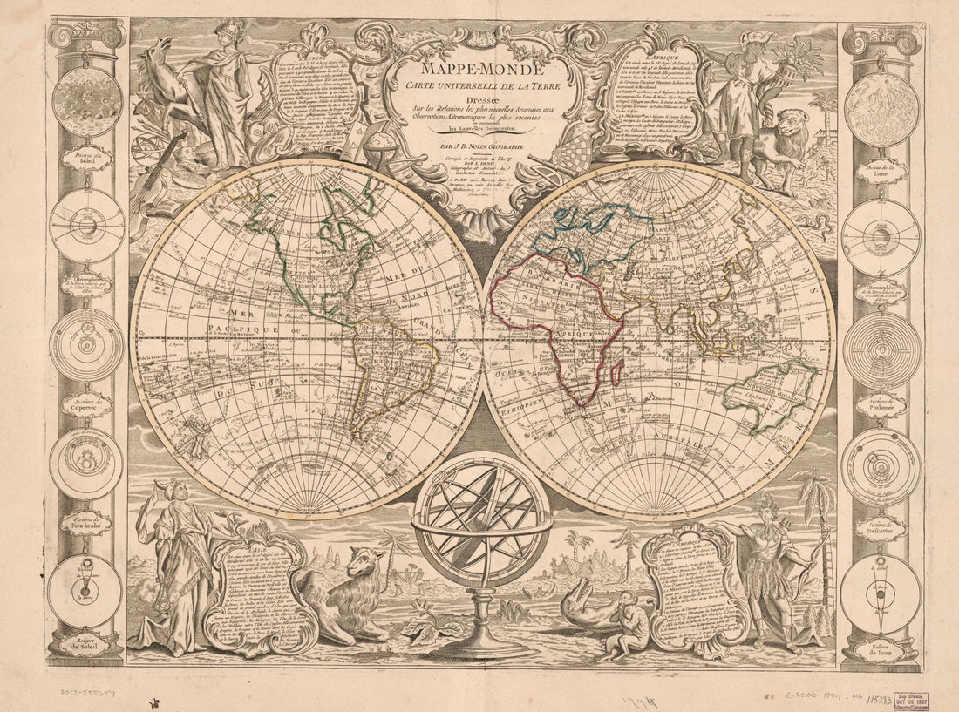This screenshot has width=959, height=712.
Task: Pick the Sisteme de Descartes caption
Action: [x=881, y=526]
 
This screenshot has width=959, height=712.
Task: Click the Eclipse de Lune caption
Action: [x=881, y=648]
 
